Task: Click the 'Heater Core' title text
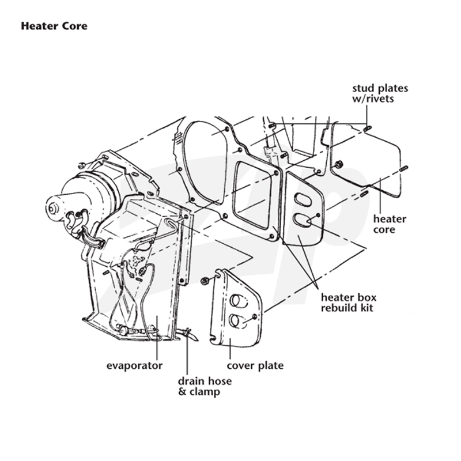(x=54, y=26)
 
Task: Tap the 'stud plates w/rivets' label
(x=380, y=93)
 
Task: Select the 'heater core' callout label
(x=390, y=224)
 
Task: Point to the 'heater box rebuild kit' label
(x=349, y=303)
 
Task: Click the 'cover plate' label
(x=255, y=365)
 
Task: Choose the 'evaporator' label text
(x=134, y=366)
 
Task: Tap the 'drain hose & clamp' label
(x=205, y=386)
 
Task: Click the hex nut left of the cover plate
(x=205, y=281)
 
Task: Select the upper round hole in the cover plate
(x=235, y=300)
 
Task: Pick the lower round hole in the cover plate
(x=235, y=320)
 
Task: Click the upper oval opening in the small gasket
(x=302, y=198)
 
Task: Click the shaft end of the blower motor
(x=52, y=209)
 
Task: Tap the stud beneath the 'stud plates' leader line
(x=368, y=128)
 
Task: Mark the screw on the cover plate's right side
(x=255, y=316)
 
